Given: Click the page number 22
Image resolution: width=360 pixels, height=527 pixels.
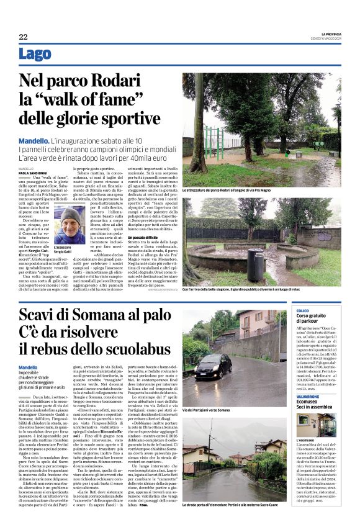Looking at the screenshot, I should [x=23, y=37].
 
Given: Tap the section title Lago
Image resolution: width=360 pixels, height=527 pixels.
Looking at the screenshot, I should [x=35, y=55].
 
